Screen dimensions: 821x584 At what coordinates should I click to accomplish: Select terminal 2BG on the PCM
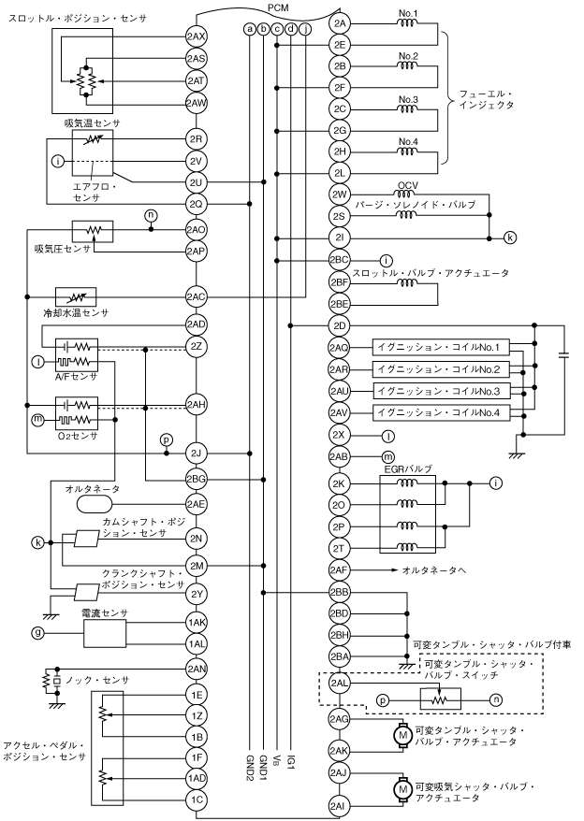(x=196, y=479)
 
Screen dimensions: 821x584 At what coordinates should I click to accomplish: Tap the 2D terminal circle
(x=339, y=325)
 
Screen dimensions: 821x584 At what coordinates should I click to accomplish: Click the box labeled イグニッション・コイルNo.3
(x=438, y=390)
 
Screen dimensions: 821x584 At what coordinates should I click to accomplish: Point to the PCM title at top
(x=278, y=7)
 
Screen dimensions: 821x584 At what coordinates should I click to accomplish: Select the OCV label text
(x=406, y=183)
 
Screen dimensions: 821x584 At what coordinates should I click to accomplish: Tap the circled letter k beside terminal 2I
(x=510, y=238)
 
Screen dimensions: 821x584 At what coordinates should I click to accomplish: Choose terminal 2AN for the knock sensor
(x=196, y=669)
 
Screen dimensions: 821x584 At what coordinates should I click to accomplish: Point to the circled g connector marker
(x=38, y=633)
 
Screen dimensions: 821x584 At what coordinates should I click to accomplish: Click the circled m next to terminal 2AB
(x=387, y=455)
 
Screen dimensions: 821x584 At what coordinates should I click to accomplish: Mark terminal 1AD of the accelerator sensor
(x=196, y=777)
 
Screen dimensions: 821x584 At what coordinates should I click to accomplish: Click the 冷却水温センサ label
(x=65, y=314)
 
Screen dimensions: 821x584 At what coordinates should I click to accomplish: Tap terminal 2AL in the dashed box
(x=339, y=684)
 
